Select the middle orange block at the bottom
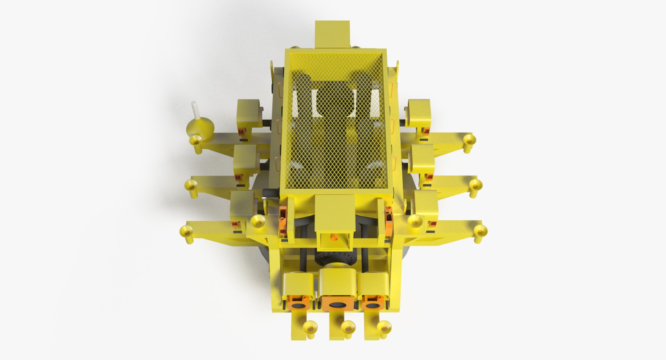pos(336,303)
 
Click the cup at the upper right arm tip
pos(470,140)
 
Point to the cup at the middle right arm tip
pos(475,184)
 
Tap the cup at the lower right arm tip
pos(480,230)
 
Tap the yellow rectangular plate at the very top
pos(332,34)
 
